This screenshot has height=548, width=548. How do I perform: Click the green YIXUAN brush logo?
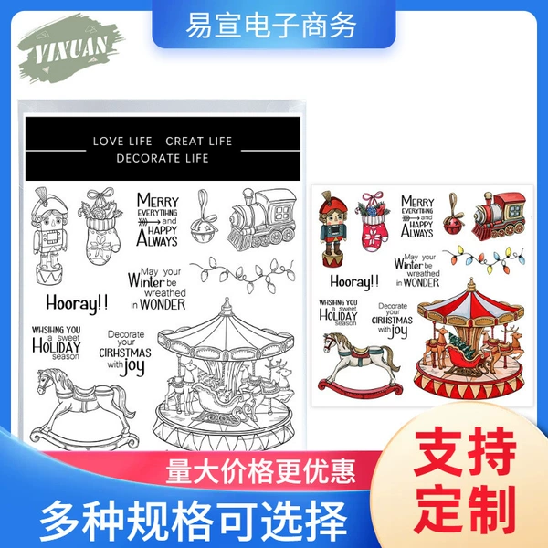pyautogui.click(x=70, y=49)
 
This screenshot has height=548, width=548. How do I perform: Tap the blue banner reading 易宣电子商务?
pyautogui.click(x=274, y=25)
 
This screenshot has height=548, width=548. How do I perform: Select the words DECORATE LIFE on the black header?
pyautogui.click(x=163, y=158)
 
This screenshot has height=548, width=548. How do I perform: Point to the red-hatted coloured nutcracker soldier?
pyautogui.click(x=333, y=229)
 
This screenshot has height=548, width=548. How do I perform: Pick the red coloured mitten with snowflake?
pyautogui.click(x=373, y=221)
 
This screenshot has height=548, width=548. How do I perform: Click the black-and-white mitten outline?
pyautogui.click(x=100, y=227)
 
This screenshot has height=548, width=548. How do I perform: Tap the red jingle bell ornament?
pyautogui.click(x=453, y=214)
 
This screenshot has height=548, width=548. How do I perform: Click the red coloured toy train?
pyautogui.click(x=499, y=215)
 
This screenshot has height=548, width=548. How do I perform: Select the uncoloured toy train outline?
pyautogui.click(x=261, y=219)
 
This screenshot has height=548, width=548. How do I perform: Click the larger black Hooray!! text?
pyautogui.click(x=77, y=303)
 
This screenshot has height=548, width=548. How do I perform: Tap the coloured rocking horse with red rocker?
pyautogui.click(x=360, y=364)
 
